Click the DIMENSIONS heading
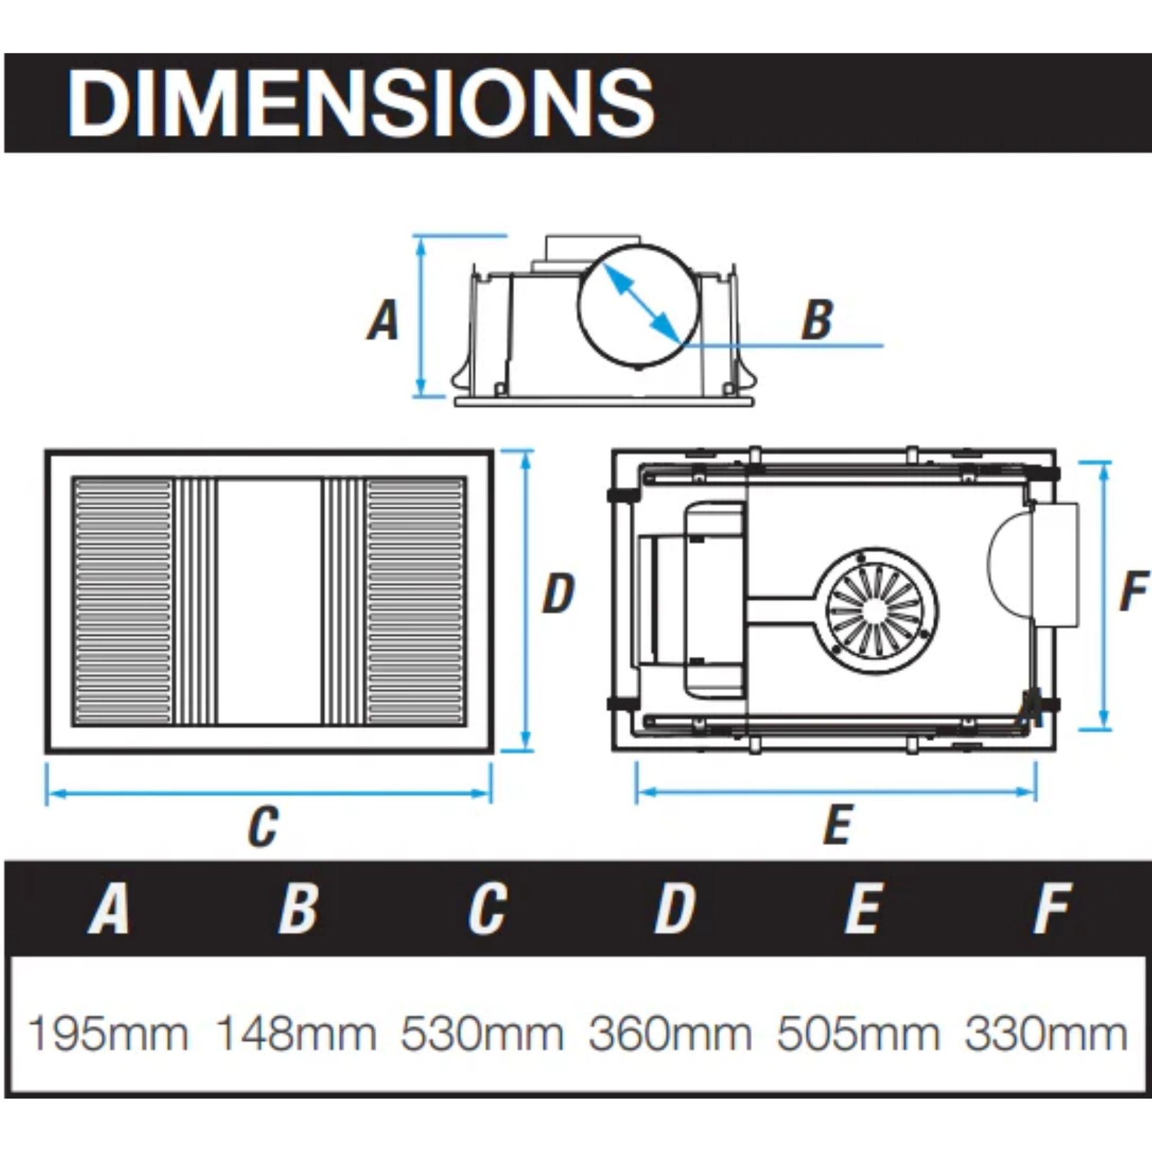pos(361,103)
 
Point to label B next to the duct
pos(816,320)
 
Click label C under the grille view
pos(263,826)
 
